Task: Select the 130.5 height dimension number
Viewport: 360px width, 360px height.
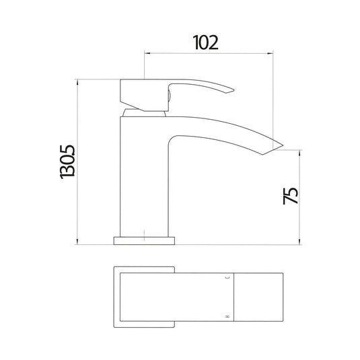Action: click(67, 162)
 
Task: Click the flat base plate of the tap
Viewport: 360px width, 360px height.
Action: click(145, 240)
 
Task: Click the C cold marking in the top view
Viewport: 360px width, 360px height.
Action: click(227, 277)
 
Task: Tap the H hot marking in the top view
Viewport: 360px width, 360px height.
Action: click(227, 315)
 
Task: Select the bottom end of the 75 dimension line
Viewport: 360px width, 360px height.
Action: click(301, 244)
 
